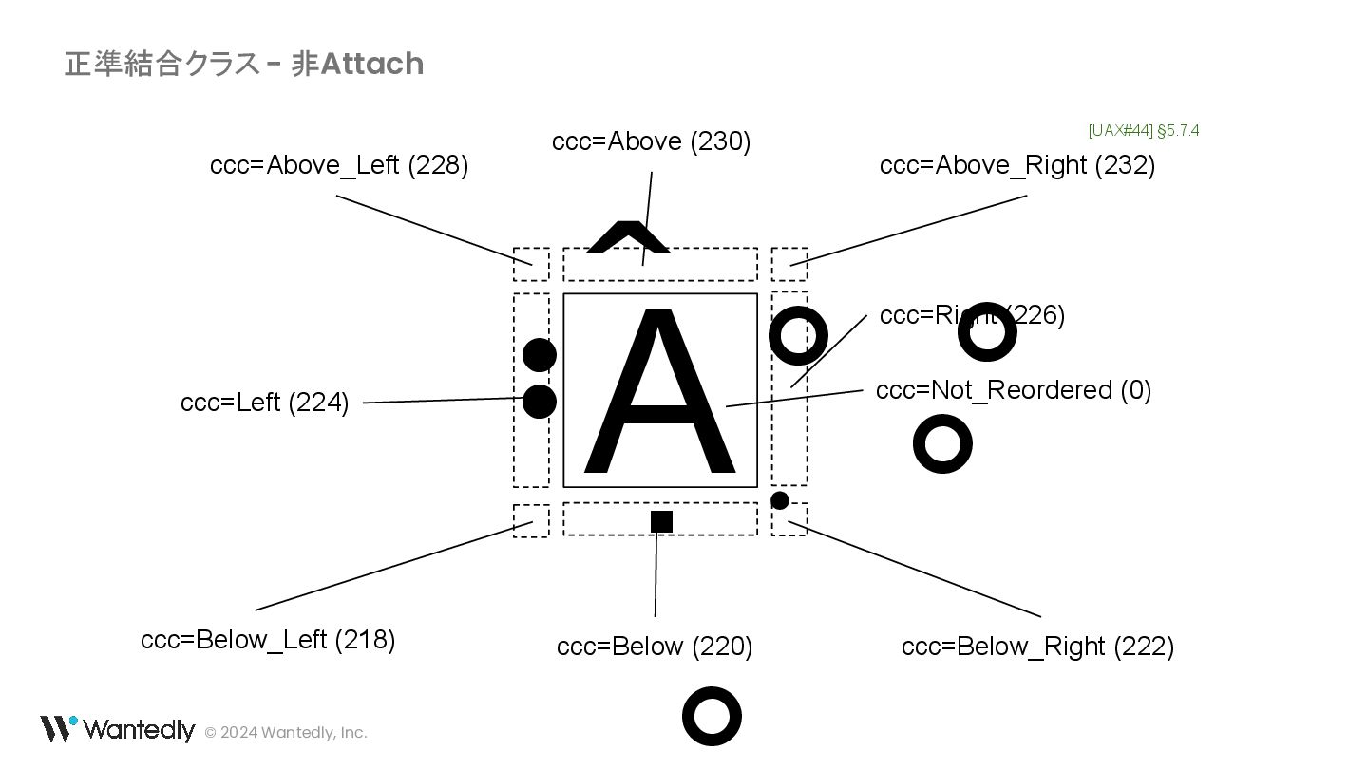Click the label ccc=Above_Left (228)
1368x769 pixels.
coord(339,165)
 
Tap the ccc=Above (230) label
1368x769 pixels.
coord(651,141)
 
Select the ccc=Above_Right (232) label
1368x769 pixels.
coord(1016,165)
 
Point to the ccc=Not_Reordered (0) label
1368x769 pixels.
coord(1013,390)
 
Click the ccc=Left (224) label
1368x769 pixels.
coord(264,403)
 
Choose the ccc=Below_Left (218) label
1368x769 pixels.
coord(268,640)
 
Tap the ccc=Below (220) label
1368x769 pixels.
coord(655,647)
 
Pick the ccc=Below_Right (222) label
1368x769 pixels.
coord(1037,647)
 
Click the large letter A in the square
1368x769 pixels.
coord(659,391)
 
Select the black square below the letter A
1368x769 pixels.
coord(661,521)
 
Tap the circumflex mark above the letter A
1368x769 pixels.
coord(628,238)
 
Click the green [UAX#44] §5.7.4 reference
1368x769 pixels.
coord(1144,130)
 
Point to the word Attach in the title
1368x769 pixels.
coord(371,64)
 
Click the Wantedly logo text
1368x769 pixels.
coord(138,730)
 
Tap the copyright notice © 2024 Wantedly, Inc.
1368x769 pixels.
coord(286,732)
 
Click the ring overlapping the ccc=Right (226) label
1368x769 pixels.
coord(987,332)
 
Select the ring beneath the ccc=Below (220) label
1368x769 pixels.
coord(712,717)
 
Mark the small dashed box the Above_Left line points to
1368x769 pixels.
coord(531,264)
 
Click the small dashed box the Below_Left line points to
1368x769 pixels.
coord(531,521)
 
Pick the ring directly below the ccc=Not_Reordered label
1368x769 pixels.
coord(942,444)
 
